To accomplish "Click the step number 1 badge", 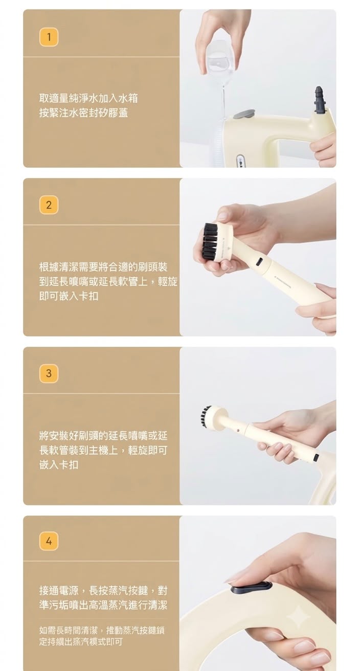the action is (x=49, y=37).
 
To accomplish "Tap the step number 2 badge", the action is (x=49, y=205).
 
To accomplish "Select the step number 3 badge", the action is (x=49, y=374).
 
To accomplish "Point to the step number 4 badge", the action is (x=49, y=542).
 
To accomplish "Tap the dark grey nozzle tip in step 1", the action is (x=319, y=100).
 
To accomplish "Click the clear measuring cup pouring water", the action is (x=220, y=58).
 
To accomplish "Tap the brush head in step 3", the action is (x=213, y=415).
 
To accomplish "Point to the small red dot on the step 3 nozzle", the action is (x=238, y=430).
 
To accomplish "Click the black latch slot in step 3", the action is (x=316, y=457).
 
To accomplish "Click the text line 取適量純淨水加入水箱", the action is (x=88, y=98).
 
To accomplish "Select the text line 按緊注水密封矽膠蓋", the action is (x=83, y=113).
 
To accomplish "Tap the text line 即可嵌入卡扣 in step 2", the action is (x=69, y=296).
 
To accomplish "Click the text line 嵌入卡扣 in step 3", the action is (x=59, y=464).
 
